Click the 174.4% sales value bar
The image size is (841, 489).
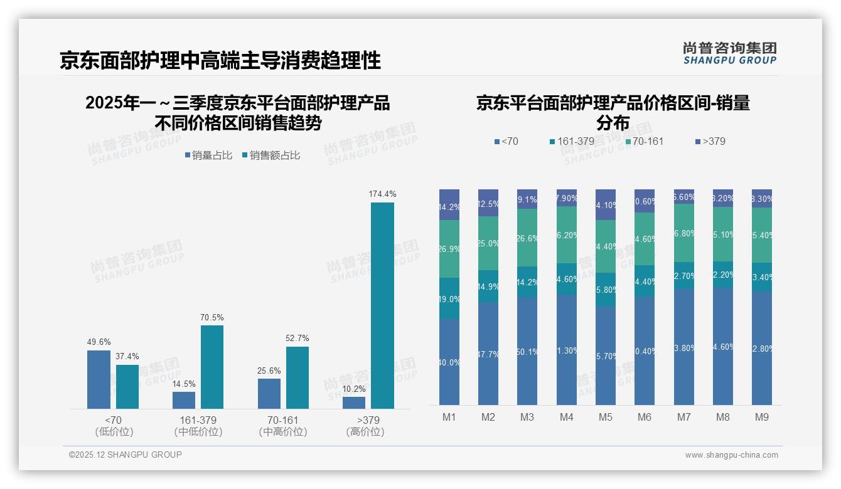coord(382,305)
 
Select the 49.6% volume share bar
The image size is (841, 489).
coord(99,379)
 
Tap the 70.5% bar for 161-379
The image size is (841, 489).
coord(212,367)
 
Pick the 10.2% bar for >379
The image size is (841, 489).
coord(354,402)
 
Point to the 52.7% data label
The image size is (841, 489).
coord(297,339)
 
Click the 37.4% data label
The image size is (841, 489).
coord(127,357)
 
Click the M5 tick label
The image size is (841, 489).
coord(606,418)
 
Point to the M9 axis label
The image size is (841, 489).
coord(761,418)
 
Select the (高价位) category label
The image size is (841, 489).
coord(365,432)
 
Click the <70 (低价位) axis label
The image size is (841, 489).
coord(114,426)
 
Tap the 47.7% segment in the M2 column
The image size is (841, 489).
coord(488,354)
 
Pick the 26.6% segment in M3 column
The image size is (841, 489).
coord(527,238)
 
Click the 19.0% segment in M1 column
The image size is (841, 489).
coord(449,298)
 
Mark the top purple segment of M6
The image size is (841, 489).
coord(645,201)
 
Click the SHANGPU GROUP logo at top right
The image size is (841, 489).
coord(729,53)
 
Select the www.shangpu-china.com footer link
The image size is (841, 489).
coord(731,455)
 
